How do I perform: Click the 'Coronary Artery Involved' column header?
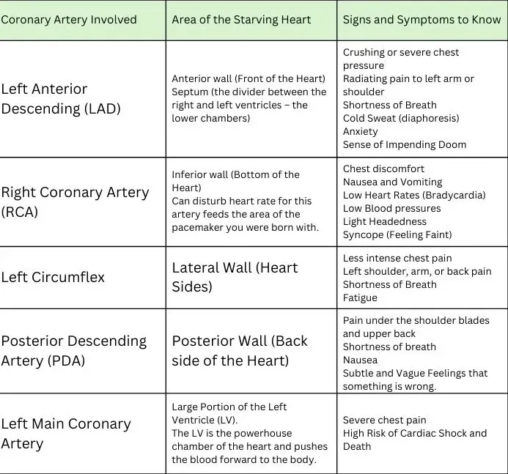point(69,19)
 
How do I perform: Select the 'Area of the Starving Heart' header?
point(241,19)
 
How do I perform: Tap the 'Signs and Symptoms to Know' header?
point(422,19)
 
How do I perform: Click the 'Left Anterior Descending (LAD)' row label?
point(61,99)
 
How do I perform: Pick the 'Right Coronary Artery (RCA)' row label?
point(75,202)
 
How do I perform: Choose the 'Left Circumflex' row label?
point(53,277)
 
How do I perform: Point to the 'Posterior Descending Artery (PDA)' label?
point(73,351)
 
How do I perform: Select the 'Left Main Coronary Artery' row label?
point(66,434)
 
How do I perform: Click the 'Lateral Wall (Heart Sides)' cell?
point(235,277)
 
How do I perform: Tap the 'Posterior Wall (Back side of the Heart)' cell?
point(240,351)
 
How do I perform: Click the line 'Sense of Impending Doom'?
point(405,144)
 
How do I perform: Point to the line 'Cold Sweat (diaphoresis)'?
point(401,118)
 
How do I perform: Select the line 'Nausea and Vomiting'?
point(393,182)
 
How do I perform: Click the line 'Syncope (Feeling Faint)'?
point(397,234)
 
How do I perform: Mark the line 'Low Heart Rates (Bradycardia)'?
point(413,195)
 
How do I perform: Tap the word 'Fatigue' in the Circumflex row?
point(360,297)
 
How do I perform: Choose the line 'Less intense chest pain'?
point(397,258)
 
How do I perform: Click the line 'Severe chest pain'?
point(385,420)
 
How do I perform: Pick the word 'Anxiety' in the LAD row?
point(361,131)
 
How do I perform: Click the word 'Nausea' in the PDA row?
point(361,360)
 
